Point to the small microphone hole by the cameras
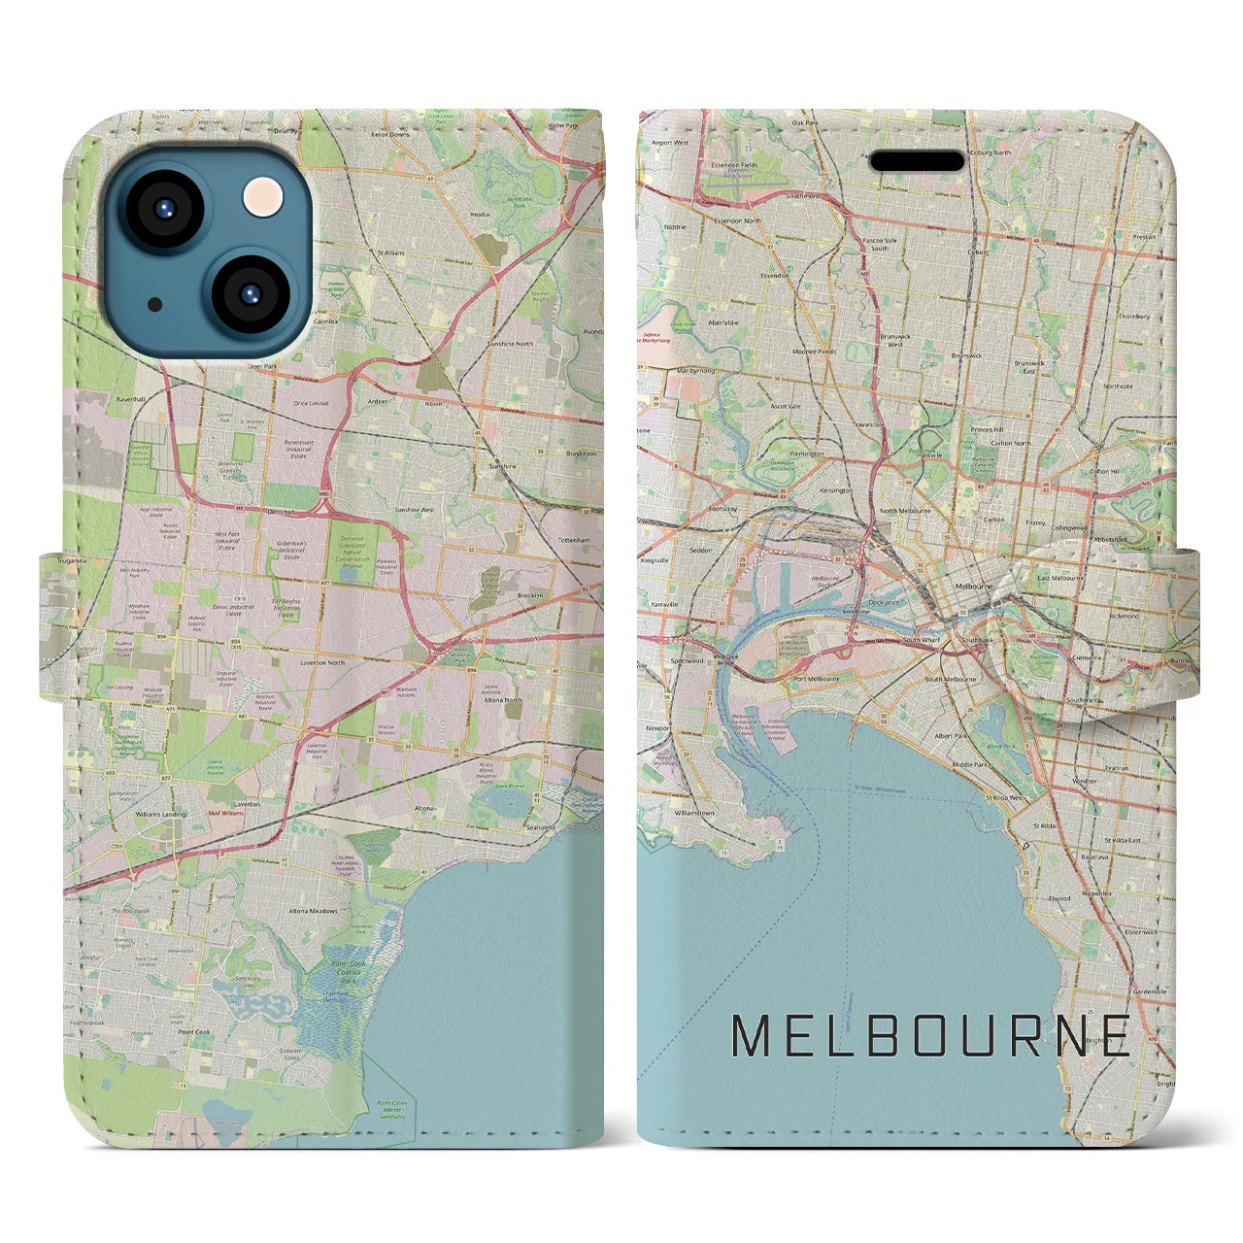(x=155, y=304)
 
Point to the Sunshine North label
(x=511, y=344)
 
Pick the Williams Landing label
(x=160, y=814)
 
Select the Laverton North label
(x=322, y=662)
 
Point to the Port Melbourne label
(x=816, y=679)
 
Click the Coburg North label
(x=987, y=152)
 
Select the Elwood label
(x=1058, y=898)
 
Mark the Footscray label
(x=722, y=509)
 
